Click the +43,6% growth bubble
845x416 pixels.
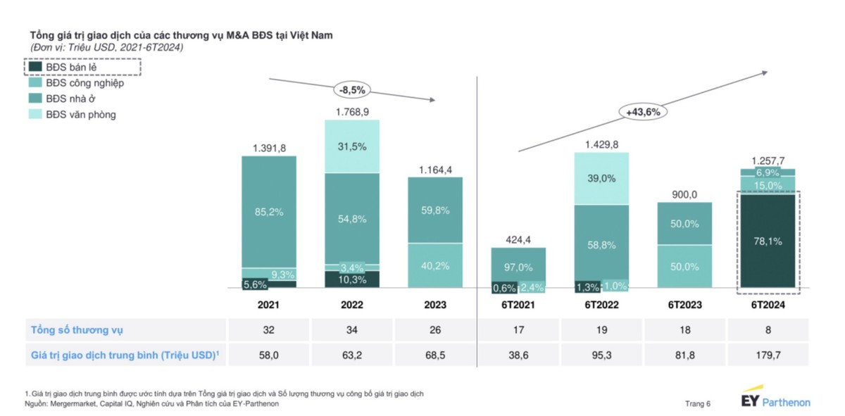click(643, 112)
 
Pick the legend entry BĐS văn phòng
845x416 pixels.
click(81, 114)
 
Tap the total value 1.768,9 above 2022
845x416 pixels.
click(352, 112)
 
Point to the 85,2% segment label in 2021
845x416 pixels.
click(269, 212)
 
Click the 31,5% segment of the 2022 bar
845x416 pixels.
click(352, 146)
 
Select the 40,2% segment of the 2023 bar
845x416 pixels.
click(435, 265)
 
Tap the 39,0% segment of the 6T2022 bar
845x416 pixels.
click(601, 179)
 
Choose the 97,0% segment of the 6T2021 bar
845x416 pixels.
click(518, 267)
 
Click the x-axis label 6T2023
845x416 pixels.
click(684, 305)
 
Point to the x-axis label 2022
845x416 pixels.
click(352, 305)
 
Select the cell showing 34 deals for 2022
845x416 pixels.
click(352, 329)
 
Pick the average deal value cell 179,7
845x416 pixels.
click(767, 355)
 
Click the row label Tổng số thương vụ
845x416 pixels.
click(77, 329)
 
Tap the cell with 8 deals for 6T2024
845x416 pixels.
click(767, 329)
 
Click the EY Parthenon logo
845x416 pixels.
click(775, 398)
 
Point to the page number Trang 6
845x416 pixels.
click(698, 403)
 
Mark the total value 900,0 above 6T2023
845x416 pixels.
click(684, 193)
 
